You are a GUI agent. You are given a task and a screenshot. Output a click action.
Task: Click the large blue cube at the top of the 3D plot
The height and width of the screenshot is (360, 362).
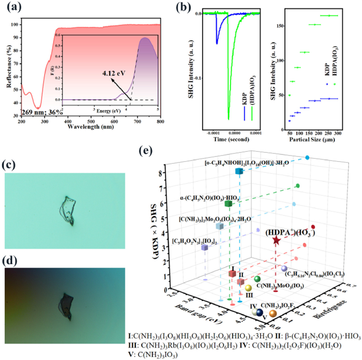[x=239, y=171]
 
